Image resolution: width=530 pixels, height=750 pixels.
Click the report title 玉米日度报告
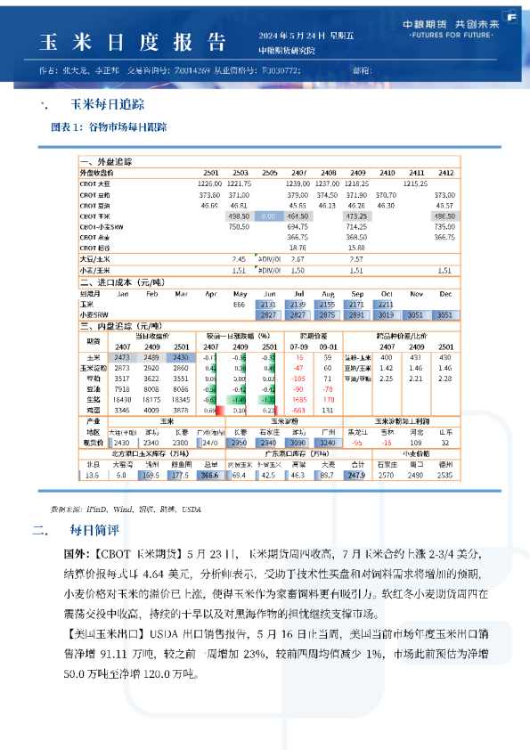click(x=134, y=42)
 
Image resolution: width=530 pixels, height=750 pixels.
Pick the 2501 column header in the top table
click(x=210, y=172)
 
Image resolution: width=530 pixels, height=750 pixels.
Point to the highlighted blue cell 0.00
click(x=268, y=216)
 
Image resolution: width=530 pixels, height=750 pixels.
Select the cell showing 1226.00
click(x=208, y=183)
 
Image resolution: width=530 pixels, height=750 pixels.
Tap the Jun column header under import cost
click(x=269, y=292)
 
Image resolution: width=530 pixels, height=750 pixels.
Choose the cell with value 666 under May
click(x=239, y=304)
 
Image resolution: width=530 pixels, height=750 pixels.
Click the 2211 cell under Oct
click(x=386, y=304)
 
